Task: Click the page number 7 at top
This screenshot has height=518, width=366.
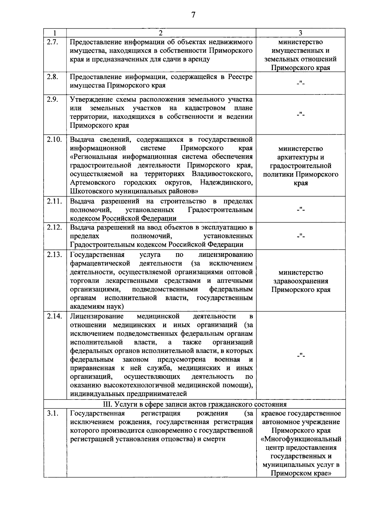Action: click(x=193, y=15)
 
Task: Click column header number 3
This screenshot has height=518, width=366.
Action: click(x=300, y=33)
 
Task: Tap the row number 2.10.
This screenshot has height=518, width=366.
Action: click(x=54, y=140)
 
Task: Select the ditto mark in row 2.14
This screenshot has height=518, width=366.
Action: click(x=300, y=355)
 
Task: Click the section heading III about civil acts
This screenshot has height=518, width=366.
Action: click(x=194, y=404)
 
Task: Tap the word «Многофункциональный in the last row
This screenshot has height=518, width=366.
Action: click(x=301, y=439)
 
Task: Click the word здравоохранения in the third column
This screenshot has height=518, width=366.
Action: click(x=301, y=281)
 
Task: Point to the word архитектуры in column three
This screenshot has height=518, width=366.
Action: click(x=301, y=157)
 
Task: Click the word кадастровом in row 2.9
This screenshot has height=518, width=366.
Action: click(x=205, y=108)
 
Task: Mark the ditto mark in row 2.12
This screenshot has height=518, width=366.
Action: click(x=300, y=236)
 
